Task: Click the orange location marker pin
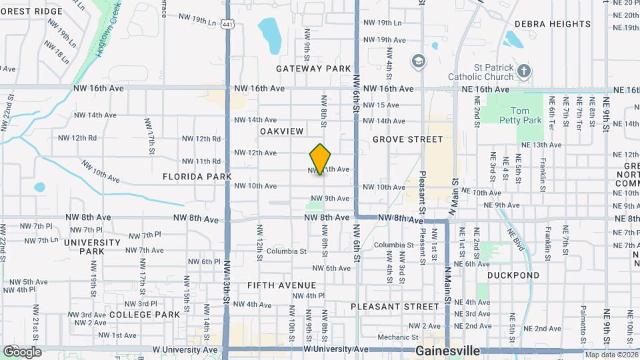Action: point(320,159)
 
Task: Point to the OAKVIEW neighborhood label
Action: point(281,131)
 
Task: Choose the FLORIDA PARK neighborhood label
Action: point(197,177)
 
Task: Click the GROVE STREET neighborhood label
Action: point(407,139)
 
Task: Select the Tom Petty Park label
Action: point(525,115)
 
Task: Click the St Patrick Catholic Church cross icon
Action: point(525,71)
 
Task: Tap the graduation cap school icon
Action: point(418,62)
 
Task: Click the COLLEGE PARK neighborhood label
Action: point(145,314)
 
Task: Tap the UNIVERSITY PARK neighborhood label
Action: point(83,247)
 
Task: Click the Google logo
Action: point(22,352)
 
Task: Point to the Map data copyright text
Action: point(611,355)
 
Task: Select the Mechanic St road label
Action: point(397,337)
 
